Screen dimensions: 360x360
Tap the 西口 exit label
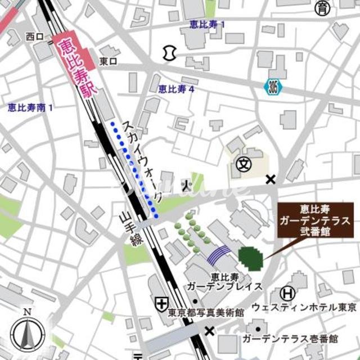[x=34, y=37]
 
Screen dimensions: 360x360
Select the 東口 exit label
[x=108, y=61]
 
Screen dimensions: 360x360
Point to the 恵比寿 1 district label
[x=208, y=24]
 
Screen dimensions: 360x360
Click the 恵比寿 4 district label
[x=176, y=88]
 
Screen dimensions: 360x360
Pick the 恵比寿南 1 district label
[x=30, y=106]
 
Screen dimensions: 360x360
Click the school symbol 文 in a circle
[x=243, y=164]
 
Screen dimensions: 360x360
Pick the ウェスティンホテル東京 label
[x=304, y=308]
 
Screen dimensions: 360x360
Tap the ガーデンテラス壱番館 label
[x=290, y=339]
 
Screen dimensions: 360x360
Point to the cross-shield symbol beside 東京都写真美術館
[x=162, y=303]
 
